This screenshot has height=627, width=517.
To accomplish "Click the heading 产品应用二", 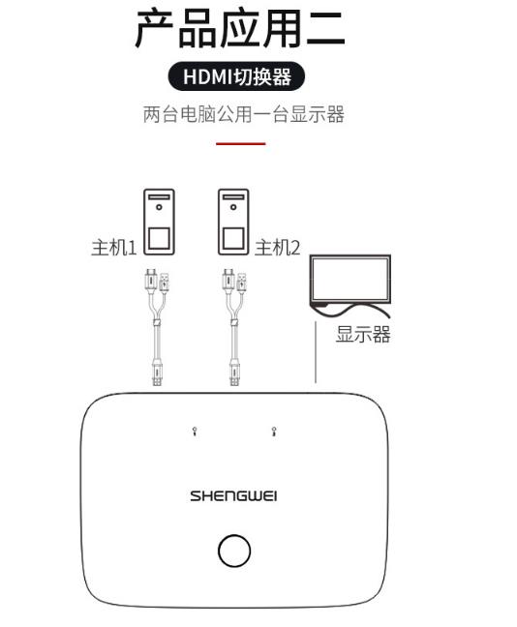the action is click(240, 28).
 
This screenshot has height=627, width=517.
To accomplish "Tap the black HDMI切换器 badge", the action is click(236, 76).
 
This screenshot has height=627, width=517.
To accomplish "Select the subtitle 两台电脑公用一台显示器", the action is click(244, 114).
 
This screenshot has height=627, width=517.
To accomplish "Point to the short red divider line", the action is click(241, 143).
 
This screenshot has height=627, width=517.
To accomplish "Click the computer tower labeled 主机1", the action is click(159, 222).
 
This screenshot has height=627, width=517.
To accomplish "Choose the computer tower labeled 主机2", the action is click(233, 222).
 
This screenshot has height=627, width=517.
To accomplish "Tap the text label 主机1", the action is click(114, 248).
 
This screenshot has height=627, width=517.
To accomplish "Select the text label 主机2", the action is click(277, 248).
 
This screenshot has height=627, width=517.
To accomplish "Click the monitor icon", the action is click(350, 280).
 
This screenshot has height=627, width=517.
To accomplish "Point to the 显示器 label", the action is click(363, 334).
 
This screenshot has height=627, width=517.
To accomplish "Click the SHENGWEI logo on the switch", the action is click(233, 496).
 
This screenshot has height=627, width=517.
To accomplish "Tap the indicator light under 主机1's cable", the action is click(195, 432).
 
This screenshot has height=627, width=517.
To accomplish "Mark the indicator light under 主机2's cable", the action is click(274, 432).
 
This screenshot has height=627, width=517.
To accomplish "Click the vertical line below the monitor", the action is click(316, 352).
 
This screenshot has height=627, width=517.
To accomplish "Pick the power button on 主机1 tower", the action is click(159, 207).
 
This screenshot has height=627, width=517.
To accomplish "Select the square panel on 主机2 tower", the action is click(233, 239).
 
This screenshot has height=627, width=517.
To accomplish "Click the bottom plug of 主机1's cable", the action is click(157, 373).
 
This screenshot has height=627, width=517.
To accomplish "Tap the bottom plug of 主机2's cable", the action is click(235, 373).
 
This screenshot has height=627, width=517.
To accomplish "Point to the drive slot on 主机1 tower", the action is click(159, 197).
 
